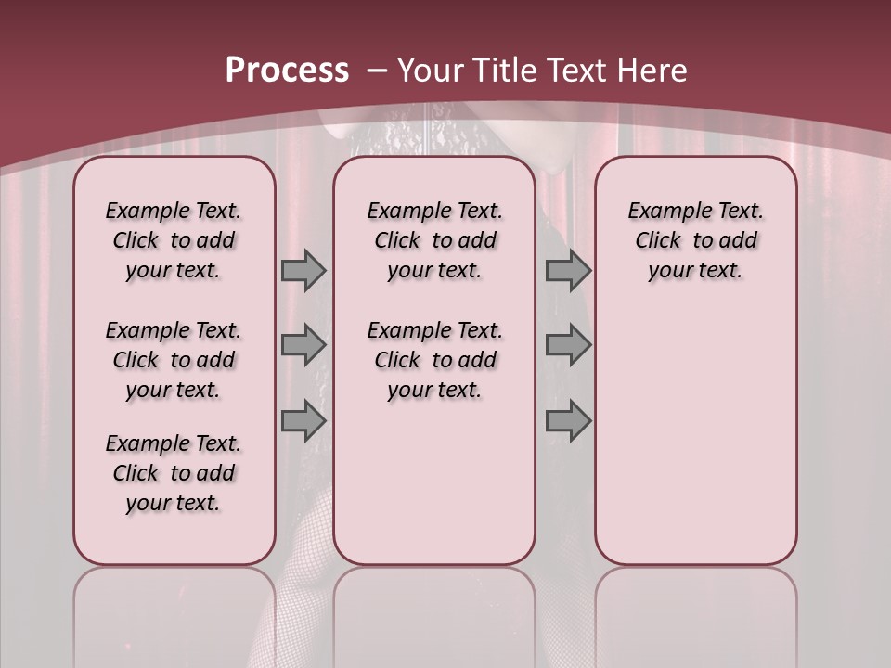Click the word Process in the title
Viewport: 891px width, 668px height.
point(287,70)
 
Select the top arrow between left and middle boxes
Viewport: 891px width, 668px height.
point(303,270)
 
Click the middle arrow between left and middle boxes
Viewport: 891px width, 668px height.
point(303,345)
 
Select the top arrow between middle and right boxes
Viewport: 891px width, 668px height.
point(568,270)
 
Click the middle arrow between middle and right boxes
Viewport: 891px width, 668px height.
point(568,345)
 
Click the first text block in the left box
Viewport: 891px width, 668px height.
point(174,240)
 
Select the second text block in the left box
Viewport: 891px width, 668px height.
point(174,360)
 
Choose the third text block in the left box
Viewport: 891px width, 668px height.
point(174,473)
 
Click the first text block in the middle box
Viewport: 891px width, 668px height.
point(434,240)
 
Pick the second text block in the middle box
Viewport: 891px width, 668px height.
point(434,360)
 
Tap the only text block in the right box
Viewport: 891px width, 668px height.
point(695,240)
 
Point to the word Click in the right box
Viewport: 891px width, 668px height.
point(658,240)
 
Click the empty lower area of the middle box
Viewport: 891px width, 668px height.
point(434,482)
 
